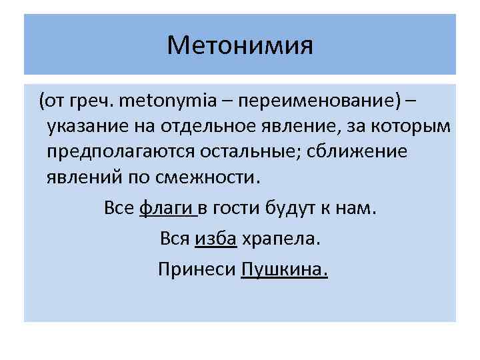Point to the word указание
pos(85,127)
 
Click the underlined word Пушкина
pos(283,269)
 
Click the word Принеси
pos(196,269)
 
